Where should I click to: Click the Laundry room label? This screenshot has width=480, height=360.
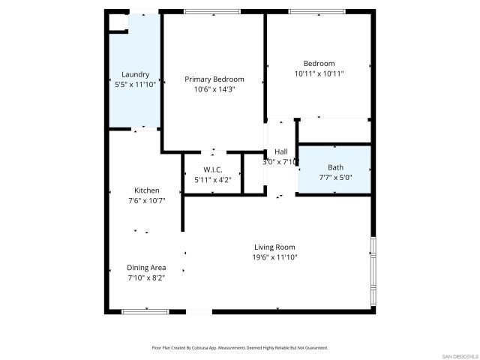pos(136,74)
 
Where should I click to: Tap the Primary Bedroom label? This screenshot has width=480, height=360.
pos(214,79)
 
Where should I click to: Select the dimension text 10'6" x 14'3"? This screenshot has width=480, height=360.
pos(214,89)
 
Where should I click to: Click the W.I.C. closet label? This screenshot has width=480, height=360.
pos(213,169)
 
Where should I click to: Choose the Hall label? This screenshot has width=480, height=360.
pos(281,151)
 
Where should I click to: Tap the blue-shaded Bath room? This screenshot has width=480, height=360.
pos(335,170)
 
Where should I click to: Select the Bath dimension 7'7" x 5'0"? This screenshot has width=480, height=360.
pos(335,177)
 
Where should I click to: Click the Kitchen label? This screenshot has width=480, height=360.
pos(146,190)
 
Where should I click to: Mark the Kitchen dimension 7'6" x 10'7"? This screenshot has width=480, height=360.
pos(146,200)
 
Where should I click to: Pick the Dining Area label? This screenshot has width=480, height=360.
pos(146,268)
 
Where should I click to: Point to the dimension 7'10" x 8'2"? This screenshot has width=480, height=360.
pos(146,277)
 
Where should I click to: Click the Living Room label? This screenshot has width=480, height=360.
pos(274,247)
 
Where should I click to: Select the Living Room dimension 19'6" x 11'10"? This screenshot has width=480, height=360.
pos(274,257)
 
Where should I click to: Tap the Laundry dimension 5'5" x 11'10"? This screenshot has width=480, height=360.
pos(136,85)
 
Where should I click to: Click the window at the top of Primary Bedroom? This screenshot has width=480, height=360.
pos(212,11)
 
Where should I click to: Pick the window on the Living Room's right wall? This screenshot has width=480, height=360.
pos(373,271)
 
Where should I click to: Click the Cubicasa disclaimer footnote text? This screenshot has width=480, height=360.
pos(240,348)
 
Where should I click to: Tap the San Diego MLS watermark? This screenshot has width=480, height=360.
pos(459,355)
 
